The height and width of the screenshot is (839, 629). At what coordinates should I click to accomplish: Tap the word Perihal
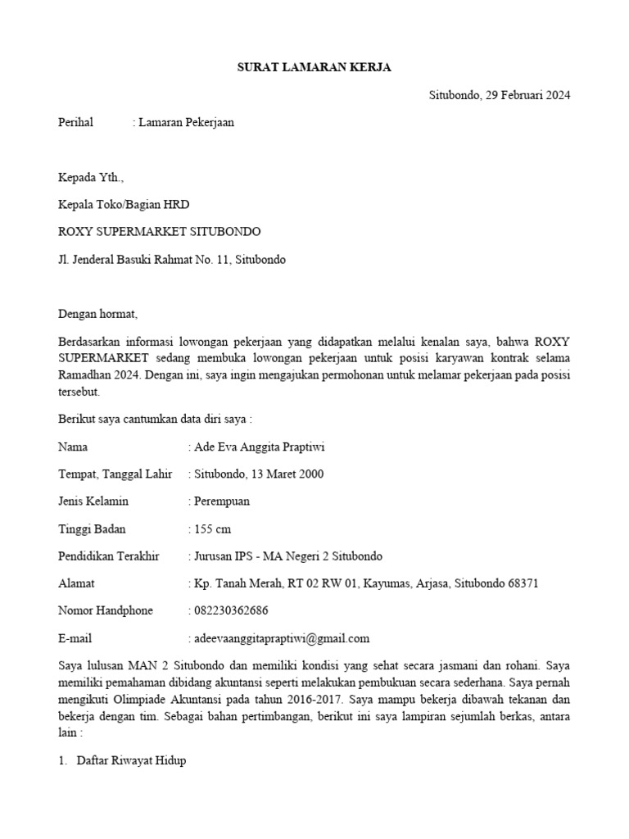(x=76, y=123)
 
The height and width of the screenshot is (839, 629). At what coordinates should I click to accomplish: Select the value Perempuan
(x=221, y=501)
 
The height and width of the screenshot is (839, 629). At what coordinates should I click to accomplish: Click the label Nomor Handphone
(x=106, y=610)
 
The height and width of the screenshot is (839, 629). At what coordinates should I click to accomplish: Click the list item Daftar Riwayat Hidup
(x=131, y=760)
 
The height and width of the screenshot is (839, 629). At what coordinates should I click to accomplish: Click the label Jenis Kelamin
(x=93, y=501)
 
